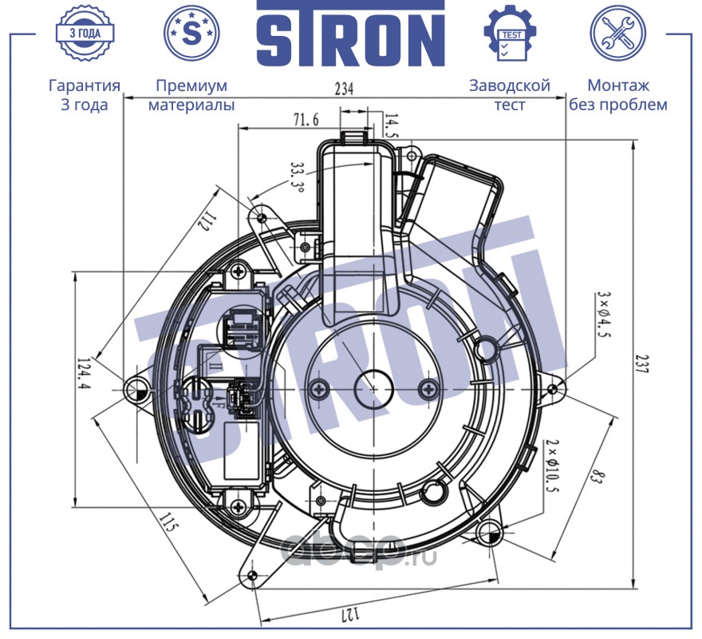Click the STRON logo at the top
tap(350, 34)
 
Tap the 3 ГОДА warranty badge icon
tap(85, 34)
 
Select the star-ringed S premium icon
tap(191, 34)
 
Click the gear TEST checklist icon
tap(511, 34)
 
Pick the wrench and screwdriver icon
tap(617, 34)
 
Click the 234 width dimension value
tap(344, 89)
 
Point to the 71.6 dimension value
tap(306, 120)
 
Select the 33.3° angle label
tap(298, 177)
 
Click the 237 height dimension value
tap(643, 363)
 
